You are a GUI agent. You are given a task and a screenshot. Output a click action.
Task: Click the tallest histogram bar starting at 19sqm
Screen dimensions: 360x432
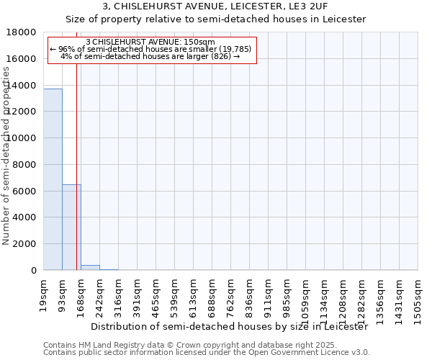53,179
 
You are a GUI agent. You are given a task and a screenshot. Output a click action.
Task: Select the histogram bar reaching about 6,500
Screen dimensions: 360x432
71,227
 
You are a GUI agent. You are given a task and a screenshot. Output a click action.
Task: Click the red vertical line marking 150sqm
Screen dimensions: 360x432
76,180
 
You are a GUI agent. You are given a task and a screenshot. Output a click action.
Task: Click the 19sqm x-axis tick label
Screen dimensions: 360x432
44,292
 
